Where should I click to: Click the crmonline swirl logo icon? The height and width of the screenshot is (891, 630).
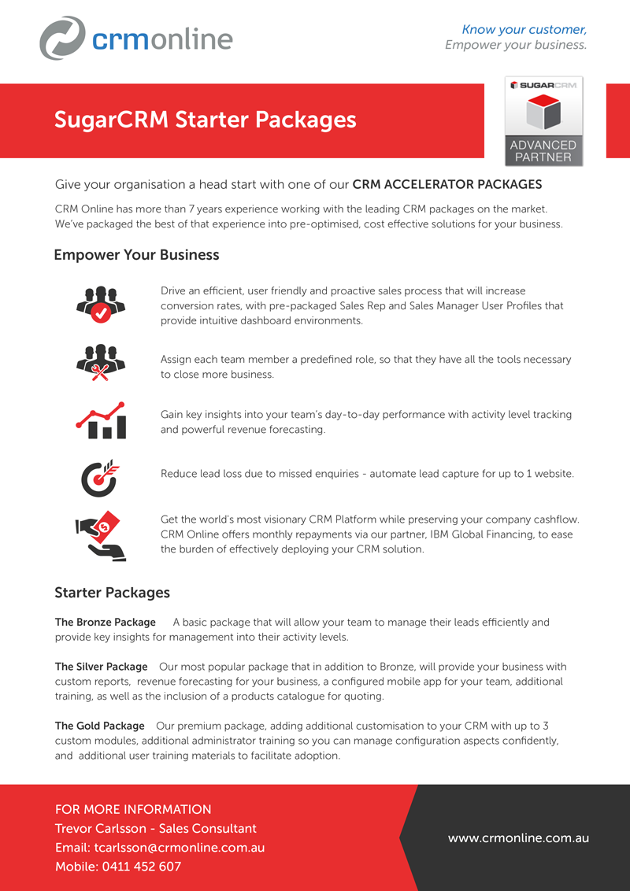tap(62, 38)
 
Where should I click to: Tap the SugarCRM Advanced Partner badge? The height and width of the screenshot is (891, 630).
tap(543, 120)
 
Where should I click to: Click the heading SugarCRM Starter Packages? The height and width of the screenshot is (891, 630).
tap(205, 120)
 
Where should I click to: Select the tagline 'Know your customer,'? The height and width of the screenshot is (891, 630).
tap(524, 30)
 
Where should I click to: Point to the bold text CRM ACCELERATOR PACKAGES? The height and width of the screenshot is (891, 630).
tap(447, 185)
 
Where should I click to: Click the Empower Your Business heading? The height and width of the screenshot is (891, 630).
tap(136, 255)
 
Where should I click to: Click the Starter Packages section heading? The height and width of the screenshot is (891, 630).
tap(112, 592)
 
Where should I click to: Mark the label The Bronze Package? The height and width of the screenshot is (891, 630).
tap(106, 623)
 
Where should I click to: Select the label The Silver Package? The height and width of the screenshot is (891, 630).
tap(101, 667)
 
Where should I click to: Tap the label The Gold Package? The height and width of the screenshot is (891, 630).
tap(100, 726)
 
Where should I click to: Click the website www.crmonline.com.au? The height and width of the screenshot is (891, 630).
tap(518, 838)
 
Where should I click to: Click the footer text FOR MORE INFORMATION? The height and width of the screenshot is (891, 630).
tap(133, 809)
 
